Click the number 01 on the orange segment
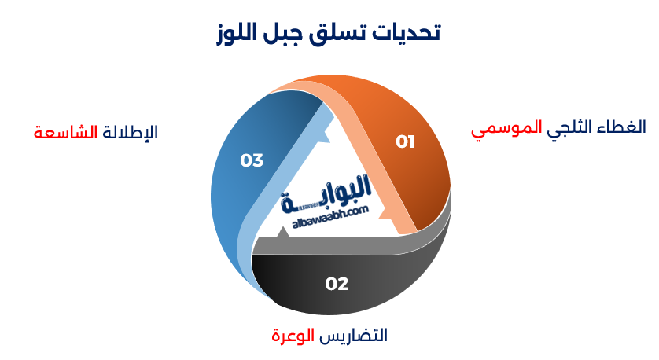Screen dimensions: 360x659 click(405, 142)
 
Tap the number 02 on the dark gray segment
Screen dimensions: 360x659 click(337, 284)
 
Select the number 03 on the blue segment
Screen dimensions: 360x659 click(252, 160)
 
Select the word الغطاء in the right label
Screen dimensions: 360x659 click(624, 127)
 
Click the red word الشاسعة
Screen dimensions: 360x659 click(65, 132)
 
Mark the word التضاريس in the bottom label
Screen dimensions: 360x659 click(354, 336)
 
